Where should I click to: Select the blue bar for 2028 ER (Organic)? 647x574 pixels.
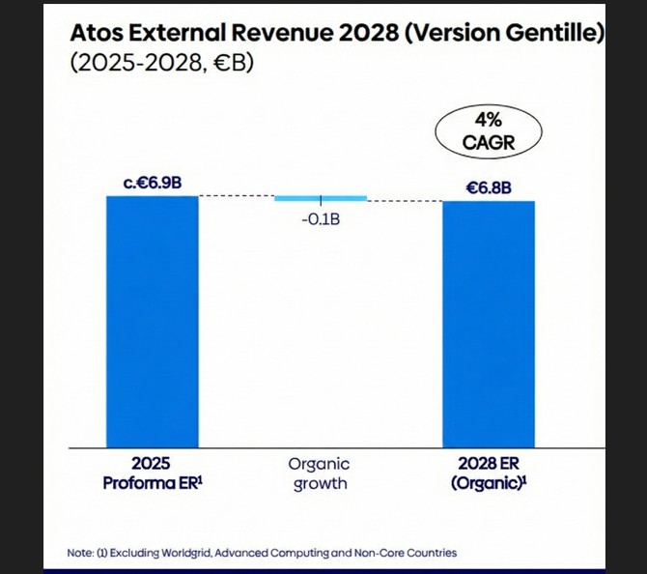point(488,325)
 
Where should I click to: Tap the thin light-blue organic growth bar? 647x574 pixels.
point(321,198)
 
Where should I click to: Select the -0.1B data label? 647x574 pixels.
point(321,219)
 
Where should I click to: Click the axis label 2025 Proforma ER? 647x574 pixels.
point(151,474)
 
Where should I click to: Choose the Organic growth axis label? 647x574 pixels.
point(320,474)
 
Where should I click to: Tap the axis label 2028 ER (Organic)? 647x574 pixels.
point(488,474)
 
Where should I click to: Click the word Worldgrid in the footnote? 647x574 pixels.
point(180,553)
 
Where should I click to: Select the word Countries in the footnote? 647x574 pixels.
point(430,553)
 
